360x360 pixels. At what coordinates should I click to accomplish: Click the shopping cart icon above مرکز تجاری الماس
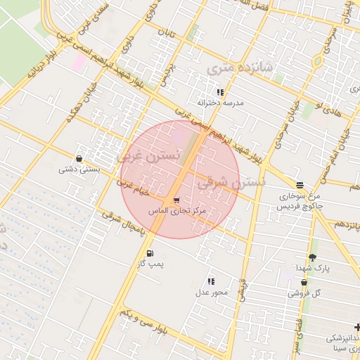click(x=176, y=200)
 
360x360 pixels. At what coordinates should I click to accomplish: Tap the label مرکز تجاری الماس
click(x=178, y=210)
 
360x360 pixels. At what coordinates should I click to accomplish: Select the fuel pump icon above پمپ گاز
click(x=149, y=253)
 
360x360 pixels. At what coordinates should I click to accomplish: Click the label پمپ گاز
click(x=150, y=264)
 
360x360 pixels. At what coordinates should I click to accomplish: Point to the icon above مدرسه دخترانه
click(x=220, y=92)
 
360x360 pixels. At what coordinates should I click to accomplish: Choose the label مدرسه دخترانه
click(x=220, y=103)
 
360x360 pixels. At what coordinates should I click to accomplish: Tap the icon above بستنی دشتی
click(x=79, y=158)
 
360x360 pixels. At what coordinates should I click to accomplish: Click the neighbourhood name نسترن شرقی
click(x=231, y=183)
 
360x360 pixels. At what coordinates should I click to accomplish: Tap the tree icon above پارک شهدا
click(x=312, y=258)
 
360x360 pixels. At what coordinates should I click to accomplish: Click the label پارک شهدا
click(x=312, y=269)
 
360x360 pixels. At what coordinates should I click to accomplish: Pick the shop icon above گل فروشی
click(x=304, y=283)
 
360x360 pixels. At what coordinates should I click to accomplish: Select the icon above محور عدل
click(x=211, y=281)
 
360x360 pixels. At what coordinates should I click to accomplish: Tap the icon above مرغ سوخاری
click(x=300, y=185)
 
